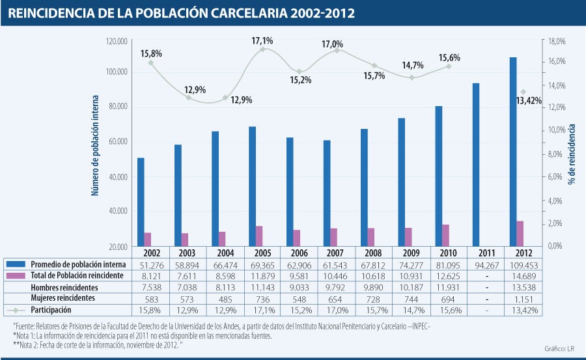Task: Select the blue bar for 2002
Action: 141,202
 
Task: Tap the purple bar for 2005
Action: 259,236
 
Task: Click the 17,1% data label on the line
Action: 262,41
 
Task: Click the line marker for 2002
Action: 151,63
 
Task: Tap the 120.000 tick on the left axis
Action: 117,42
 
